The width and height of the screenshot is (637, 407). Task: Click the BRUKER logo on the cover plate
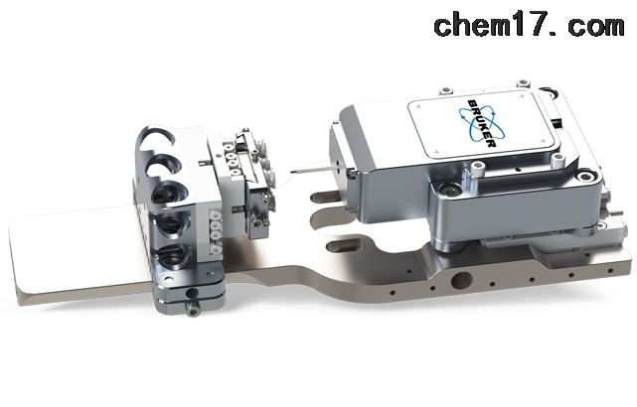click(x=483, y=123)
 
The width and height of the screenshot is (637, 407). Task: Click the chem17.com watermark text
click(x=529, y=25)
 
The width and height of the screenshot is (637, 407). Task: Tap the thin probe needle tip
click(x=291, y=172)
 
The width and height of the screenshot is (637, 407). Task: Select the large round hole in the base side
click(x=461, y=280)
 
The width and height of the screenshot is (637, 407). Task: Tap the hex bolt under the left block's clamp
click(x=192, y=309)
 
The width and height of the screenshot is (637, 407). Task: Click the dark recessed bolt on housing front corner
click(x=450, y=190)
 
